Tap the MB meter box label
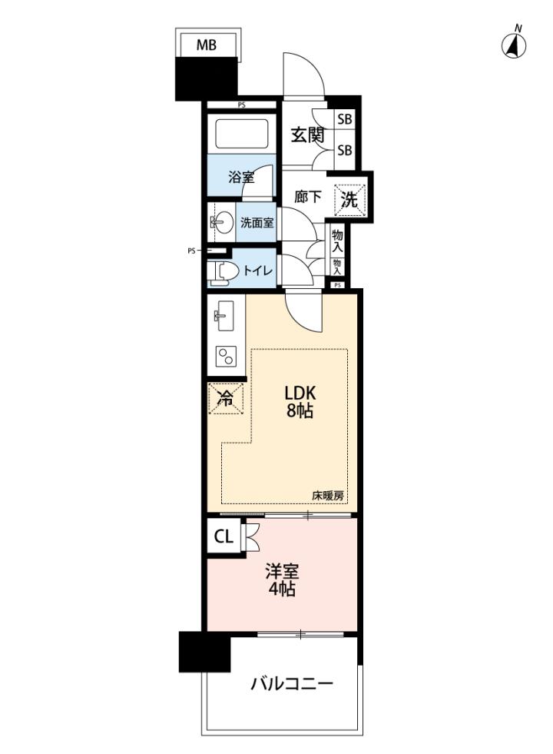[x=206, y=45]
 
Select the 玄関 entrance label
[x=307, y=135]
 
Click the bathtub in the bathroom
[x=241, y=134]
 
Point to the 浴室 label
[x=241, y=178]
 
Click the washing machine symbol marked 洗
[x=349, y=198]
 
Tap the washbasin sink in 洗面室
[x=221, y=222]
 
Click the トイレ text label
[x=258, y=271]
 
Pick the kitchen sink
[x=224, y=316]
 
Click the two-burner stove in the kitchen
[x=226, y=357]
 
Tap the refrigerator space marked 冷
[x=225, y=398]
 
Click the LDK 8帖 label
[x=300, y=401]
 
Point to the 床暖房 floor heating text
[x=328, y=496]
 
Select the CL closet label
[x=224, y=536]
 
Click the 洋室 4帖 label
[x=282, y=580]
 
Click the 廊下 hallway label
[x=307, y=197]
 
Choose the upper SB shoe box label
[x=345, y=119]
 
